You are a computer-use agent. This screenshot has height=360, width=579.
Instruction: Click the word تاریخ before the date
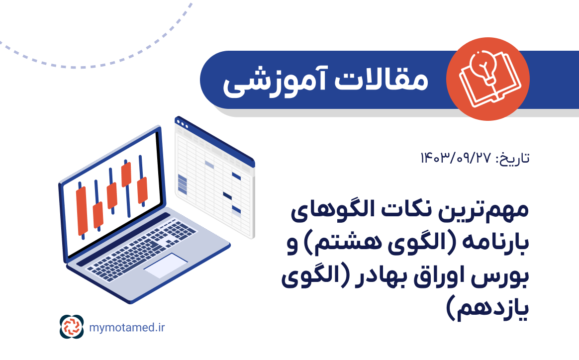pyautogui.click(x=512, y=159)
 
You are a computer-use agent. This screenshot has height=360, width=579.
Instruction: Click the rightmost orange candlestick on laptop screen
pyautogui.click(x=142, y=189)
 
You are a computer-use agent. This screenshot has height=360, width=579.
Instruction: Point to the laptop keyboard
pyautogui.click(x=134, y=244)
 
